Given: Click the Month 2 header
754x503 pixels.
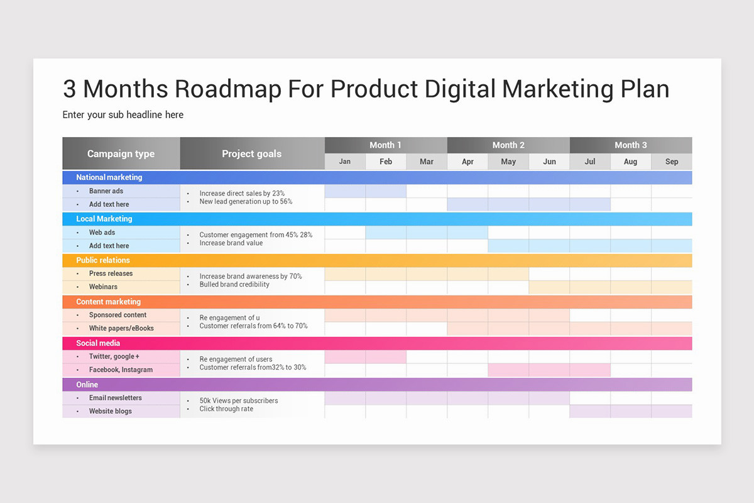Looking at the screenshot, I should tap(508, 145).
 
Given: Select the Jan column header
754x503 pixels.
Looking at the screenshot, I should tap(345, 162).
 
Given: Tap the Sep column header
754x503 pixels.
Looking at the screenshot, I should tap(672, 162).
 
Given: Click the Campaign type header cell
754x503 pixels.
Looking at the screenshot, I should tap(121, 154).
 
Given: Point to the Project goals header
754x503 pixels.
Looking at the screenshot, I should tap(251, 154).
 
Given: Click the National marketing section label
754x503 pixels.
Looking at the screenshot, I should tap(109, 177).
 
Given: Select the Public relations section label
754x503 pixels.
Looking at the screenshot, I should tap(103, 260).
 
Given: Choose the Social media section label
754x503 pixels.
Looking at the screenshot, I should tap(99, 343).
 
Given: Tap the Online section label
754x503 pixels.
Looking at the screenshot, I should tap(87, 385).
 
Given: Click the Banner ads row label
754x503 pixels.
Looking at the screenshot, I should tap(106, 191).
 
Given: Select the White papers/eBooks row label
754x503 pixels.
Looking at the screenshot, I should tap(121, 328).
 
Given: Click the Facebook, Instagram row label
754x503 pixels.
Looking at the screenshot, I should tap(121, 370).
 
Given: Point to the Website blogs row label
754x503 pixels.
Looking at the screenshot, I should tap(111, 411).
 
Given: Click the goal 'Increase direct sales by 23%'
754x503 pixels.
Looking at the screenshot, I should tap(242, 194).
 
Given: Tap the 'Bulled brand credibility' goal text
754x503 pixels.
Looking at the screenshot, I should tap(234, 285).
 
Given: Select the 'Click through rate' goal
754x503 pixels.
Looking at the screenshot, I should tap(226, 409).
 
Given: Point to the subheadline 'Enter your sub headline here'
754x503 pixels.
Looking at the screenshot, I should tap(123, 115).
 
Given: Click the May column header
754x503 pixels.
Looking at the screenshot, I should tap(508, 162).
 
